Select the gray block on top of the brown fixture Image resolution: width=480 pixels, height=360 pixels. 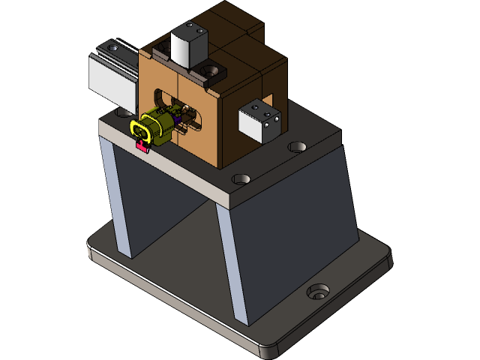(188, 46)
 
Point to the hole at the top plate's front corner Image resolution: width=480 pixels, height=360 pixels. (241, 180)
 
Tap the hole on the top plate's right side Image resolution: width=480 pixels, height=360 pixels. (298, 145)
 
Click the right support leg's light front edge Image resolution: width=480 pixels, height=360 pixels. (232, 262)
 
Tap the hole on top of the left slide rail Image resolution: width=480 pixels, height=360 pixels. (112, 47)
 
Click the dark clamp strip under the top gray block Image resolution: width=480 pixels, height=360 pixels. (161, 54)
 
